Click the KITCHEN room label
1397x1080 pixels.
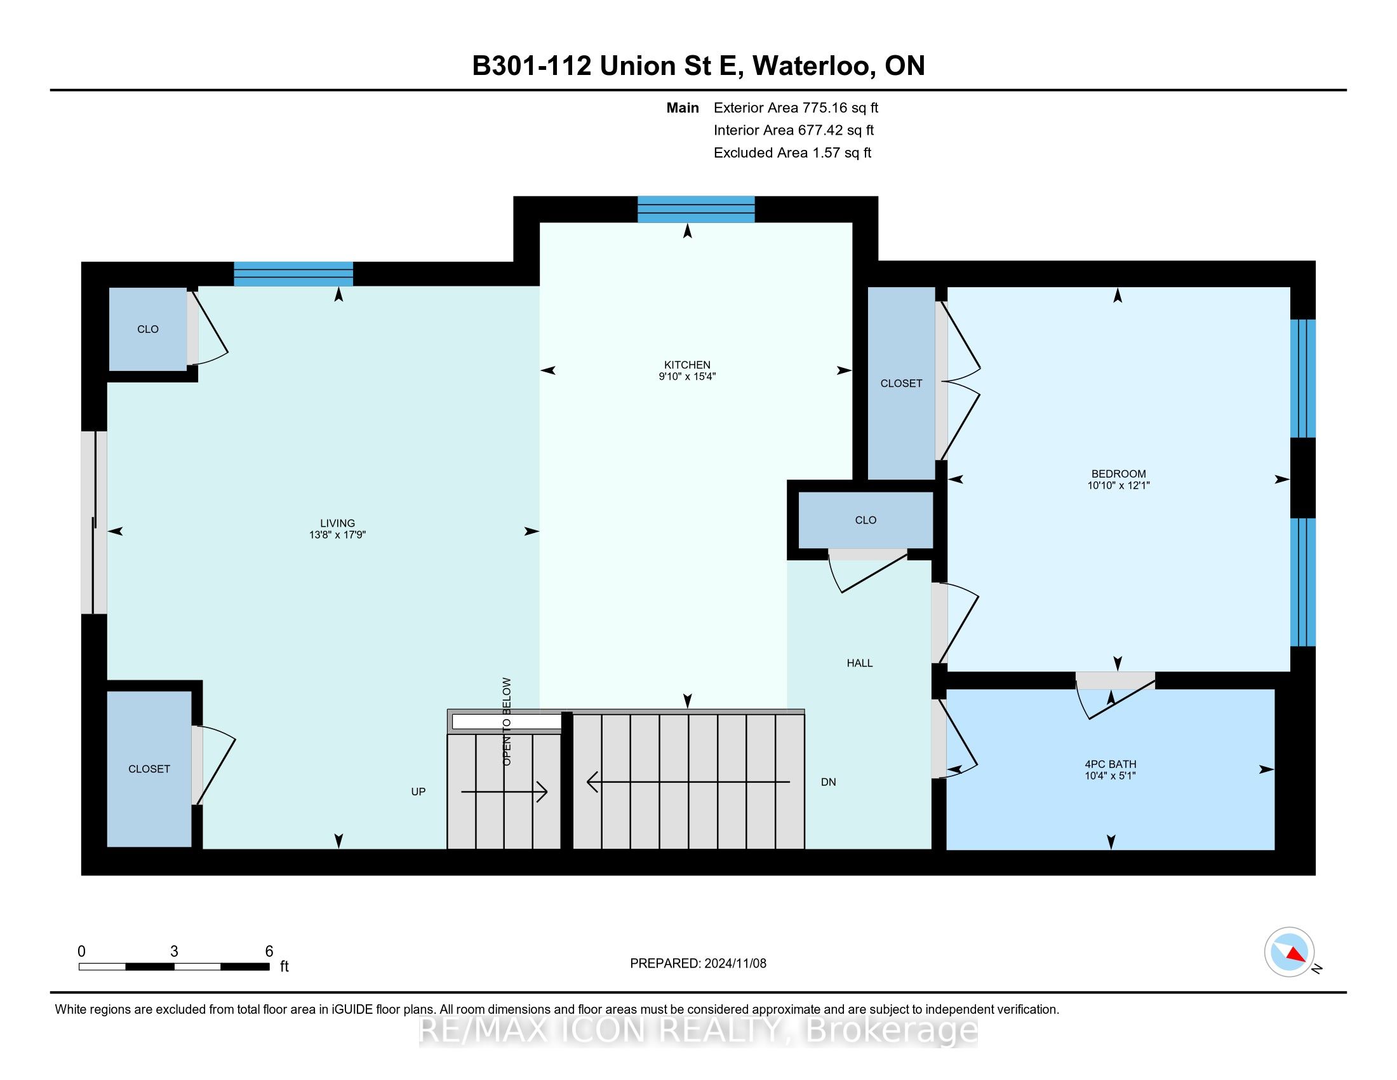tap(687, 365)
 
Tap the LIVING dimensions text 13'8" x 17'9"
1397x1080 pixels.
tap(337, 535)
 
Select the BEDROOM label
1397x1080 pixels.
tap(1118, 474)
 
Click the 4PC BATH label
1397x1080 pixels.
tap(1111, 764)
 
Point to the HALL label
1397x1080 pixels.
tap(859, 663)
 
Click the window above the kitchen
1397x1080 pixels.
tap(696, 209)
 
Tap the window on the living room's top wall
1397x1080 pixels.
tap(293, 274)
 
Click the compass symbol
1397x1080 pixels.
tap(1289, 952)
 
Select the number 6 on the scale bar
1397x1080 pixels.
tap(269, 951)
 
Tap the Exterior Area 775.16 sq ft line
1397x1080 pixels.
tap(796, 108)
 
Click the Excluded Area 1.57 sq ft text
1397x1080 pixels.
tap(792, 153)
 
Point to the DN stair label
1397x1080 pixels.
tap(828, 782)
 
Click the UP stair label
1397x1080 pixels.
tap(418, 792)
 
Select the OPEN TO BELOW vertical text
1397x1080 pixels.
tap(507, 722)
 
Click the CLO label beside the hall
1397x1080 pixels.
tap(866, 520)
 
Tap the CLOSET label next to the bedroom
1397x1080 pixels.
tap(900, 383)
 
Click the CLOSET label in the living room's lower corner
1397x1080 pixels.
tap(149, 769)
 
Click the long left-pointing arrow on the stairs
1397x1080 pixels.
tap(688, 782)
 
